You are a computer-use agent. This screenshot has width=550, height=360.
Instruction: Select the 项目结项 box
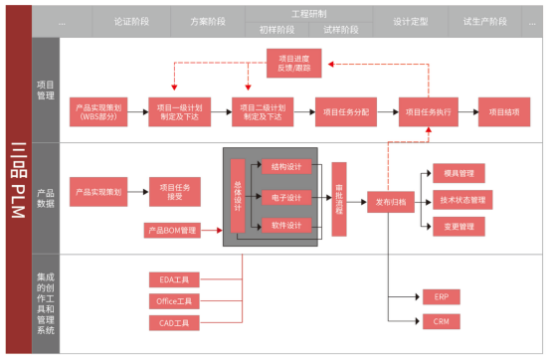[510, 112]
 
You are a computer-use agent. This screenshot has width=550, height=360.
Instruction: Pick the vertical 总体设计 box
[237, 196]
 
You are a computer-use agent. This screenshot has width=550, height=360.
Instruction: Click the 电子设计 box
[286, 198]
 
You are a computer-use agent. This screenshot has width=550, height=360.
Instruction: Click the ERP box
[441, 296]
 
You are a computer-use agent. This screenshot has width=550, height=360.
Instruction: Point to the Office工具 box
[174, 300]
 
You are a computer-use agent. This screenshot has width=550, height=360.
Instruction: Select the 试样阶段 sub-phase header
[341, 29]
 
